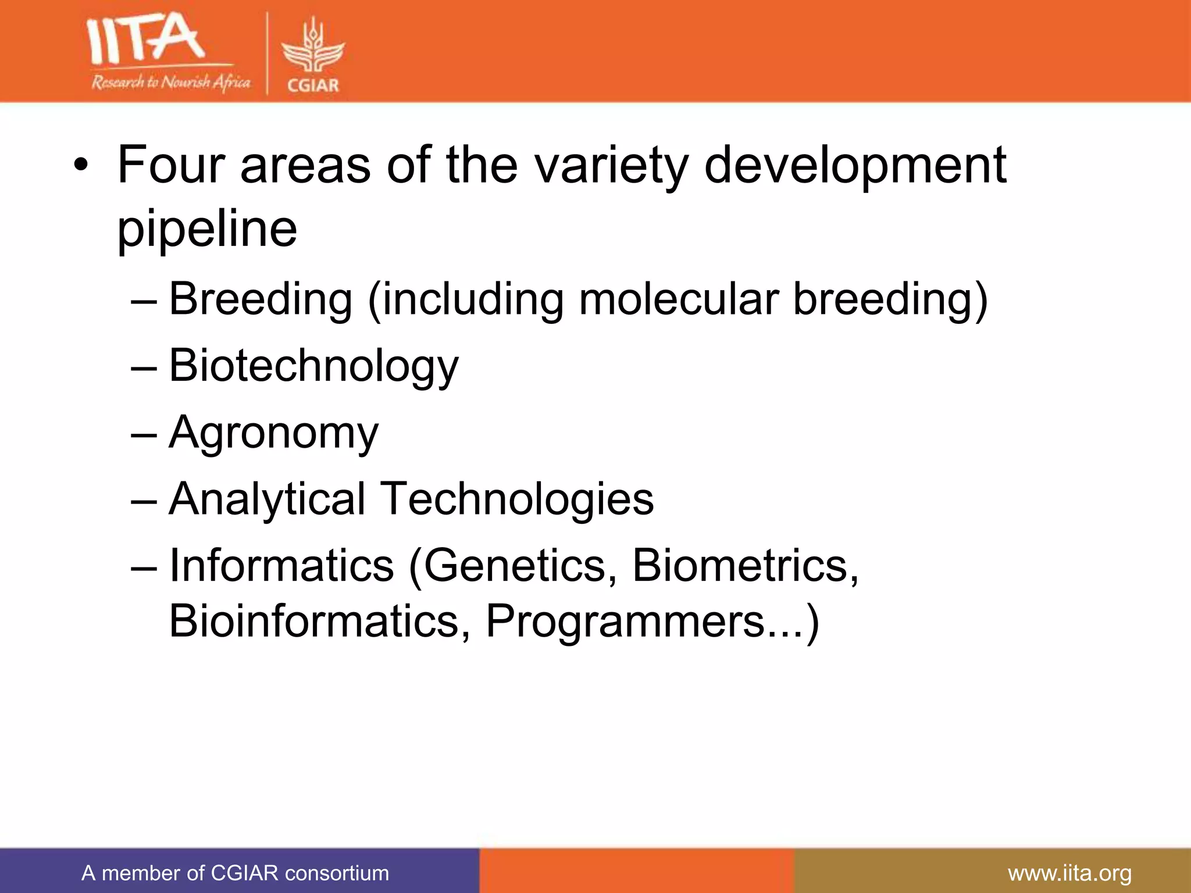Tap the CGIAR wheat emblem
pos(313,49)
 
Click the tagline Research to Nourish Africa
pos(170,83)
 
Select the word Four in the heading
pos(171,165)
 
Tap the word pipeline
pos(207,230)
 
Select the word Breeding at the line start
pos(261,299)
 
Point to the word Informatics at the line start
pos(281,566)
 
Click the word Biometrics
pos(745,566)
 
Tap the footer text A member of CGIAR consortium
pos(235,873)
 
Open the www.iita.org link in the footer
pos(1069,873)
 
